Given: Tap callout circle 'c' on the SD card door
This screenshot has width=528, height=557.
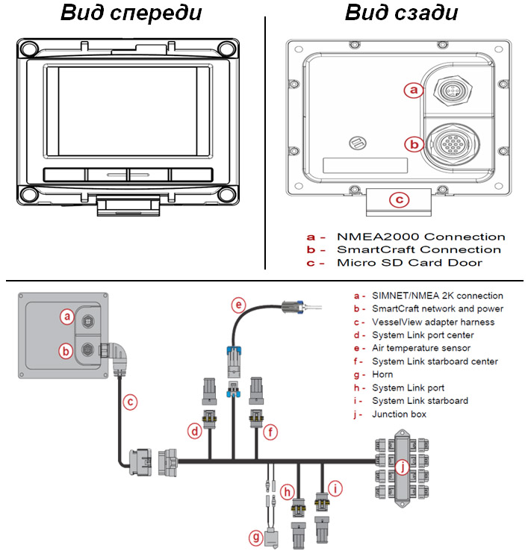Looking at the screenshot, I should pyautogui.click(x=400, y=199).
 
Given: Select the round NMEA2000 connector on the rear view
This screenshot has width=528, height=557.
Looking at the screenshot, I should pyautogui.click(x=451, y=90).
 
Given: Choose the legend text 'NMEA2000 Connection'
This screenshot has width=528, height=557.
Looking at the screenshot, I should pyautogui.click(x=420, y=237).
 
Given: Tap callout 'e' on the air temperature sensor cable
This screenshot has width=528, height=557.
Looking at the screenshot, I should pyautogui.click(x=238, y=305).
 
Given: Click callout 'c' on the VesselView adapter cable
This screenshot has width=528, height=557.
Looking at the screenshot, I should pyautogui.click(x=131, y=402).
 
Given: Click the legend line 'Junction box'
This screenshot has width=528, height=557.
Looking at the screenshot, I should pyautogui.click(x=399, y=414).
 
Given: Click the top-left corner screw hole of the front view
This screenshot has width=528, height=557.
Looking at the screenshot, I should pyautogui.click(x=28, y=49).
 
